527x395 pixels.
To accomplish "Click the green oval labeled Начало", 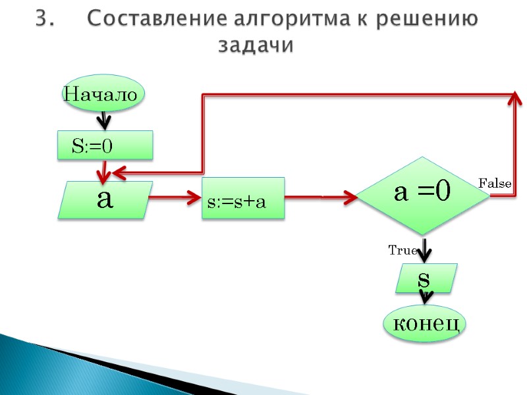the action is [101, 94].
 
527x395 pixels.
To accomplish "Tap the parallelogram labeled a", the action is [105, 199].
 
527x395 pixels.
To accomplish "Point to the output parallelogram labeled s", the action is [426, 278].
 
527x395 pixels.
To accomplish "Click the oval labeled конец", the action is [425, 324].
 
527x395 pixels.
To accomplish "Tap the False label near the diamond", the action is [494, 183].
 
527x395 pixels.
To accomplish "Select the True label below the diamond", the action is [402, 250].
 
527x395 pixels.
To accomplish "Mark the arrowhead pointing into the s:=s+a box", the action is [196, 197].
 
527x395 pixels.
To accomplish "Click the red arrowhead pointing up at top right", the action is [516, 97].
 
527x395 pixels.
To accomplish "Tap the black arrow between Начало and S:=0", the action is [103, 121].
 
